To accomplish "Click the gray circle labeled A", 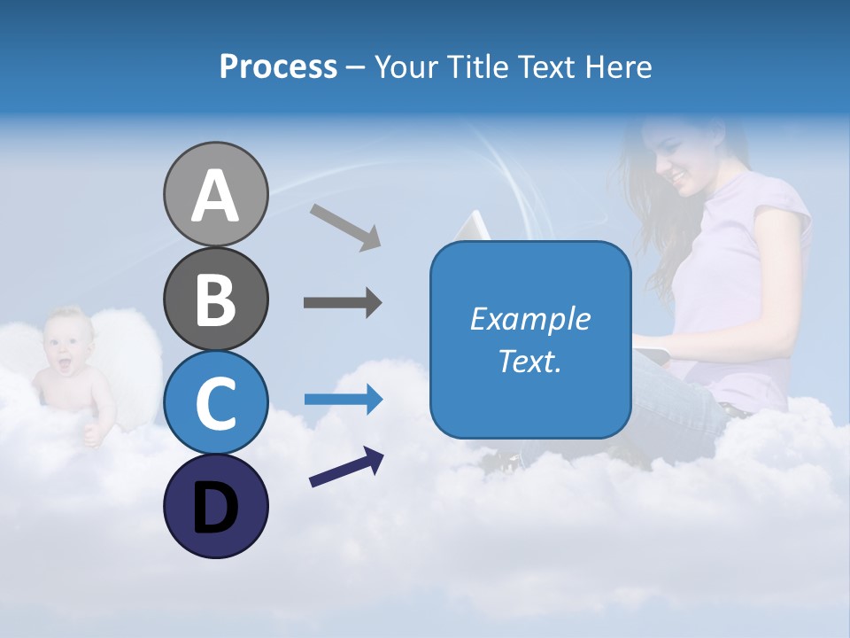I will click(215, 195).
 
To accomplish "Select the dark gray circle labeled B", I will click(215, 299).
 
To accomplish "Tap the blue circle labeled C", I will click(215, 403).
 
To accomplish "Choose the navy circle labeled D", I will click(215, 506).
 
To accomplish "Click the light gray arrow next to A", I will click(345, 227).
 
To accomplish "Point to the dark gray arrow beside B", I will click(343, 303).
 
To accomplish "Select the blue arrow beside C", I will click(343, 400).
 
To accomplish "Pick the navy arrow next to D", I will click(346, 467).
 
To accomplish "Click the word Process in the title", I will click(278, 67).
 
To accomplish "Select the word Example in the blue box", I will click(529, 319).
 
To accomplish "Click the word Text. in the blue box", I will click(529, 362).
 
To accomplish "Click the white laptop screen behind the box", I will click(475, 226).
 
